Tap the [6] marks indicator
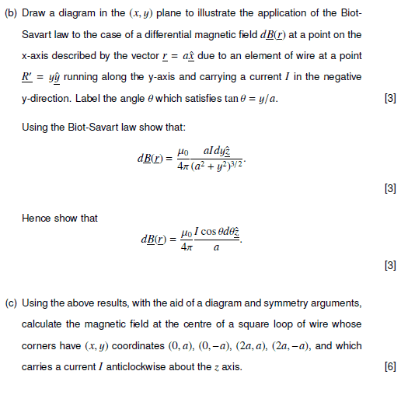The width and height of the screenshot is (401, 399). pyautogui.click(x=390, y=366)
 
